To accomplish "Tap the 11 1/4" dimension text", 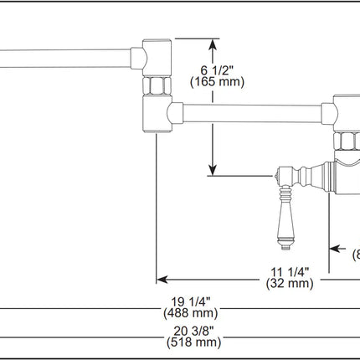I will (290, 270).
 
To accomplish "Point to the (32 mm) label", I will (290, 284).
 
